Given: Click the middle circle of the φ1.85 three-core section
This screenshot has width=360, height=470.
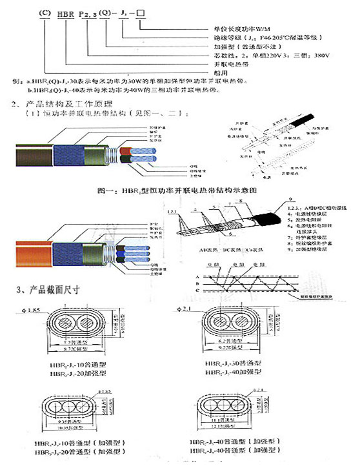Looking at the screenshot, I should (x=65, y=411).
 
